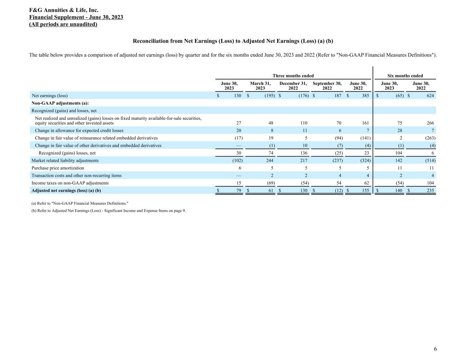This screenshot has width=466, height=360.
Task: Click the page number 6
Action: click(x=435, y=349)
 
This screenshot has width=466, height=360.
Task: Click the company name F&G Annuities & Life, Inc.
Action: click(x=64, y=10)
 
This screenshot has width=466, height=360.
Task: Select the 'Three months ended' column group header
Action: click(x=293, y=76)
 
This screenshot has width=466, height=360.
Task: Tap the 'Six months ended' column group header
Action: click(x=405, y=76)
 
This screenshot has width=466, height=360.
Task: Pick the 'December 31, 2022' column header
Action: click(x=293, y=86)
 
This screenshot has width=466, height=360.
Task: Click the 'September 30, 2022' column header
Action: click(x=327, y=86)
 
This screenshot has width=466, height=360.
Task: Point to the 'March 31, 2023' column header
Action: click(x=260, y=86)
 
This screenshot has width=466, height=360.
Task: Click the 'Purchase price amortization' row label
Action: click(x=58, y=168)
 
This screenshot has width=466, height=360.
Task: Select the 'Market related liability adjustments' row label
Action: click(x=65, y=160)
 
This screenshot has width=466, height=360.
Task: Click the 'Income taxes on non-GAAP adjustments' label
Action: click(x=70, y=183)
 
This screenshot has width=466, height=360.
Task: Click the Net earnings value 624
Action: click(x=430, y=96)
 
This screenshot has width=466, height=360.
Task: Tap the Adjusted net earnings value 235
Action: click(x=430, y=190)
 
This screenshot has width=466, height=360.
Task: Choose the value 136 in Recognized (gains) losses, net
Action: click(x=303, y=153)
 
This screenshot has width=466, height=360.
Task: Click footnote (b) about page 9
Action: click(x=109, y=211)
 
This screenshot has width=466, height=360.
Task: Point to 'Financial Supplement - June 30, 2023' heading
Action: click(x=76, y=17)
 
